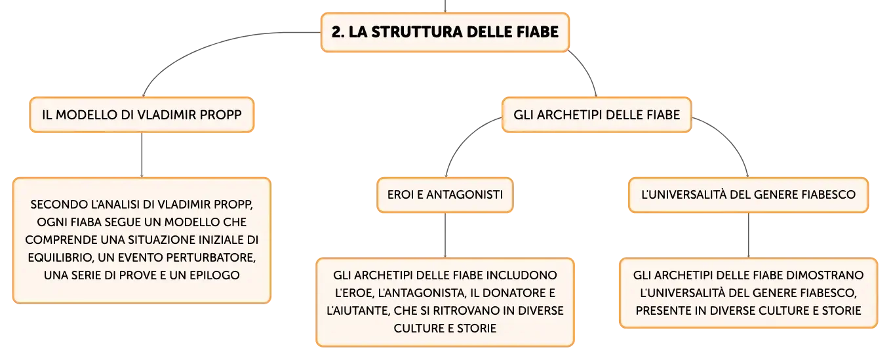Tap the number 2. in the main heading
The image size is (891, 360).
338,32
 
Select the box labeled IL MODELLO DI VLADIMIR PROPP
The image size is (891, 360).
142,115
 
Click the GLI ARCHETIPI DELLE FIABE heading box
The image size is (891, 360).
597,115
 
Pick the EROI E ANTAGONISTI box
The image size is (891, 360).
445,195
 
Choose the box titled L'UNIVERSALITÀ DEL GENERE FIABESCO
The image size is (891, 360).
748,195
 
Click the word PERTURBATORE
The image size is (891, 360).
210,257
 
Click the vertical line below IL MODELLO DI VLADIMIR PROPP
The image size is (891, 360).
142,155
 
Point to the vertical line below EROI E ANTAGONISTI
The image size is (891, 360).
445,235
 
